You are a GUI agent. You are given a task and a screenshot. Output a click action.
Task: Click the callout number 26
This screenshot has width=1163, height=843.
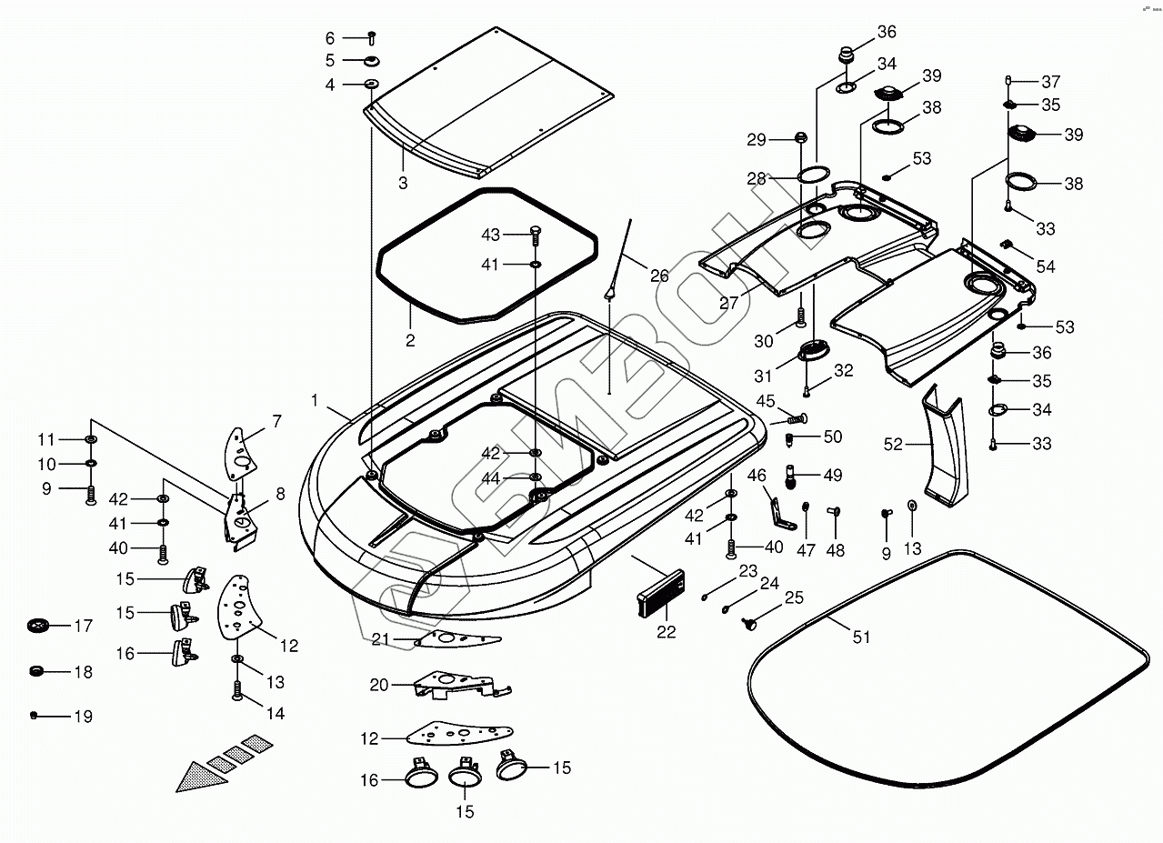(659, 276)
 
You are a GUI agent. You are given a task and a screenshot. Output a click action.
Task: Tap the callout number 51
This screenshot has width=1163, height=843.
(861, 637)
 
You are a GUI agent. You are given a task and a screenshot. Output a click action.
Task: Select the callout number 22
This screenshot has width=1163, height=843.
(667, 632)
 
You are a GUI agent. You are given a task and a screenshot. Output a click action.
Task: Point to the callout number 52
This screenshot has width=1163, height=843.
(893, 445)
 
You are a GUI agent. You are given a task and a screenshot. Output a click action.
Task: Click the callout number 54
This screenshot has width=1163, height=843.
(1046, 266)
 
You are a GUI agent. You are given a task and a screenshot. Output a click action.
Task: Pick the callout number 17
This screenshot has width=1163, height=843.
(83, 626)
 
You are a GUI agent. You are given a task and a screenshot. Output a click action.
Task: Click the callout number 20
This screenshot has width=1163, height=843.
(379, 685)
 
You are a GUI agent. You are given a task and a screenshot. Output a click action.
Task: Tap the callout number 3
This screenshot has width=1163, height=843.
(403, 183)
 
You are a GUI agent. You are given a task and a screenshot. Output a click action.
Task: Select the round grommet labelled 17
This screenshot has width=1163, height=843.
(37, 626)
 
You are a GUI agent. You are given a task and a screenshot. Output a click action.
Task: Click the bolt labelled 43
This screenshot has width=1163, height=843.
(536, 236)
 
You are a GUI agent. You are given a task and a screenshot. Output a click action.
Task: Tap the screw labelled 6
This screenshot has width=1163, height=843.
(372, 38)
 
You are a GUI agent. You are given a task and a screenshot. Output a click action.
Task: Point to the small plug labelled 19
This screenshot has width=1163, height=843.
(34, 716)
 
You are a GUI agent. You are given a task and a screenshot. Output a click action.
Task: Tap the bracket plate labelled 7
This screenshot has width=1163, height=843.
(239, 453)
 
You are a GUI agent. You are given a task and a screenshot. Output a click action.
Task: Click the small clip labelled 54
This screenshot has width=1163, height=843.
(1008, 245)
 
